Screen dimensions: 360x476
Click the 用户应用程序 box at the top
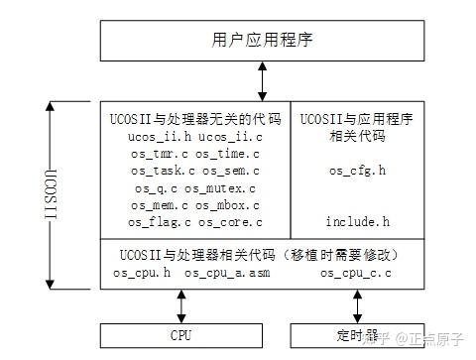(x=263, y=40)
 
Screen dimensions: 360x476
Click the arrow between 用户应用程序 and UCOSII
(x=263, y=78)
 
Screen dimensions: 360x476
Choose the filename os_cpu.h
(x=142, y=272)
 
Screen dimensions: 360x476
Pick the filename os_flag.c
(x=162, y=221)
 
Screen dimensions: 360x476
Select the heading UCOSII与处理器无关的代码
(x=195, y=118)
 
